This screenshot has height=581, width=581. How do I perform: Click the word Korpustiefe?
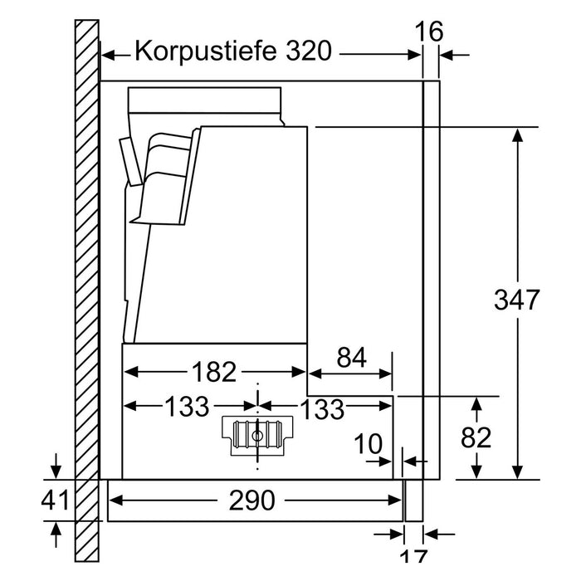(x=206, y=51)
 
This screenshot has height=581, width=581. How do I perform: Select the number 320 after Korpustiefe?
(x=308, y=51)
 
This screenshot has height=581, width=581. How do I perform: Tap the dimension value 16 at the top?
(x=429, y=32)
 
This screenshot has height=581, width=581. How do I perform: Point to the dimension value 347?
(x=517, y=300)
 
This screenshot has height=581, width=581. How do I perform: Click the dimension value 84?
(x=351, y=357)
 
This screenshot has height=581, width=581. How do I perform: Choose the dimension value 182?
(x=214, y=372)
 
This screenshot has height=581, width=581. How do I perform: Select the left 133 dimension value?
(x=187, y=406)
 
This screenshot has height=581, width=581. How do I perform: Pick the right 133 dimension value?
(x=322, y=408)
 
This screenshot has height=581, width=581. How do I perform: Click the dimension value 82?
(x=476, y=437)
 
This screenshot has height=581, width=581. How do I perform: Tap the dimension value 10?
(x=368, y=443)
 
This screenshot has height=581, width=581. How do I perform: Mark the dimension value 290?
(x=252, y=500)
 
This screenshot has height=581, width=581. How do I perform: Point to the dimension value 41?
(x=56, y=500)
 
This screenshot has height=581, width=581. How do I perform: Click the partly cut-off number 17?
(x=414, y=556)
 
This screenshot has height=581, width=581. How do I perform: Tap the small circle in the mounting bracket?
(x=256, y=436)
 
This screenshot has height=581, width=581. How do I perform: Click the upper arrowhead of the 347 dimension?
(x=518, y=135)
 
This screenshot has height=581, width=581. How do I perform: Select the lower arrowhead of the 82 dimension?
(x=477, y=471)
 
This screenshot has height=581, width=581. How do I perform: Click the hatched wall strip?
(x=87, y=290)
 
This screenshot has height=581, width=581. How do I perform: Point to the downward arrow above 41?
(x=56, y=466)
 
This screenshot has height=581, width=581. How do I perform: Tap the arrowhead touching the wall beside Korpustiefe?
(x=108, y=56)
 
